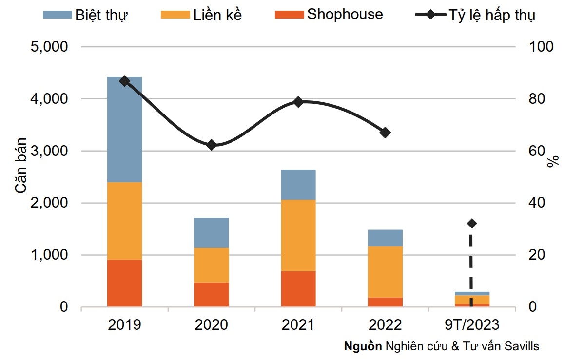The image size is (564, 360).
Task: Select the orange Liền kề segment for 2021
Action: [x=298, y=235]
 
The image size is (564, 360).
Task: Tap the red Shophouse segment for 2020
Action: [x=212, y=294]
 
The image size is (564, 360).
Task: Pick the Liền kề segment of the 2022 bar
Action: [x=385, y=272]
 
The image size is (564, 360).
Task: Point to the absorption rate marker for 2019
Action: [x=124, y=81]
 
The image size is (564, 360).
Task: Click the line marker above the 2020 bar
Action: [x=212, y=145]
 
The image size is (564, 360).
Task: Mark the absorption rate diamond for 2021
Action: [x=298, y=102]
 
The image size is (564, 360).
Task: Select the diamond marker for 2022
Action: [x=385, y=133]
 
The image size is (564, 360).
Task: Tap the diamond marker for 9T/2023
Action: [x=472, y=223]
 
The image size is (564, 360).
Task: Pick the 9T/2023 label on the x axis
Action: [x=472, y=324]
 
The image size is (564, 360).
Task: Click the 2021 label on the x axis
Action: [x=298, y=324]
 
